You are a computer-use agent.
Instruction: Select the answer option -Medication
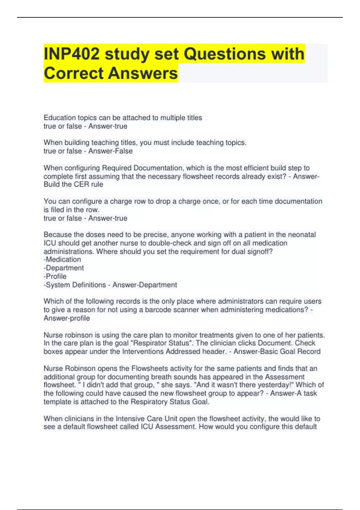62,259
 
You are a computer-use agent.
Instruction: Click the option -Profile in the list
55,276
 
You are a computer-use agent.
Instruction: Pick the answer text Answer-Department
145,285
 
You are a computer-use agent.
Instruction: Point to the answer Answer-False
110,151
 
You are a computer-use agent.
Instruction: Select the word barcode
157,310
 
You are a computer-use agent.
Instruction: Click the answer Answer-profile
67,318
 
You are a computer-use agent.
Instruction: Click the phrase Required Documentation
143,168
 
